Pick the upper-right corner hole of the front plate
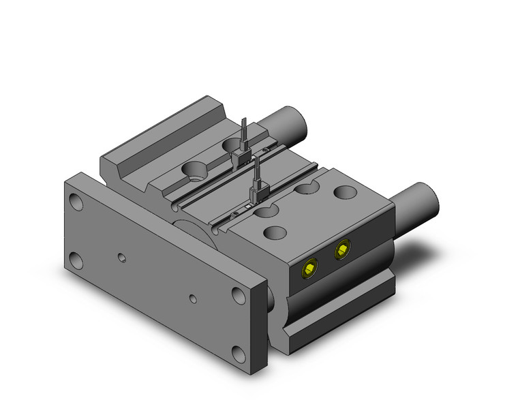coord(239,294)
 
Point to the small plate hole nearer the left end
coord(121,258)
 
